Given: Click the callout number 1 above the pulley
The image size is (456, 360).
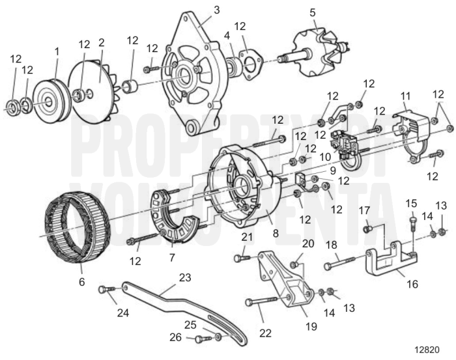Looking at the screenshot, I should pyautogui.click(x=57, y=50).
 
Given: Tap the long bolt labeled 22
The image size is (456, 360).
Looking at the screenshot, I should pyautogui.click(x=267, y=301).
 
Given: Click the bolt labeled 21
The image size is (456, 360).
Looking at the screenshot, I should pyautogui.click(x=242, y=258).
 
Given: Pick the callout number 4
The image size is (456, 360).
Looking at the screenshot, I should pyautogui.click(x=227, y=35).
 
